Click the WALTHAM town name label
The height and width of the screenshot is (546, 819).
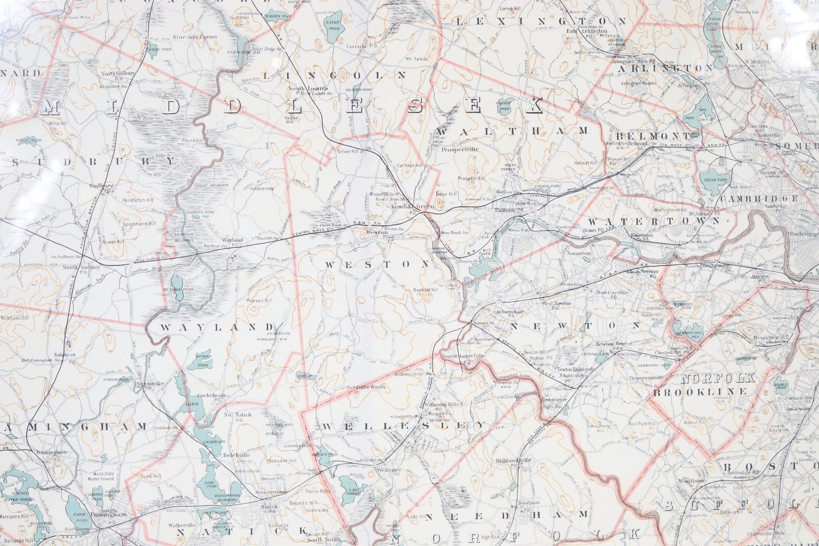click(513, 131)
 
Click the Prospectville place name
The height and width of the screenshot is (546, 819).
click(460, 150)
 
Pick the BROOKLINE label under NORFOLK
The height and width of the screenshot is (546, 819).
click(700, 391)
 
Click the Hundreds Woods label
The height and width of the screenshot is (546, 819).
click(366, 387)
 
